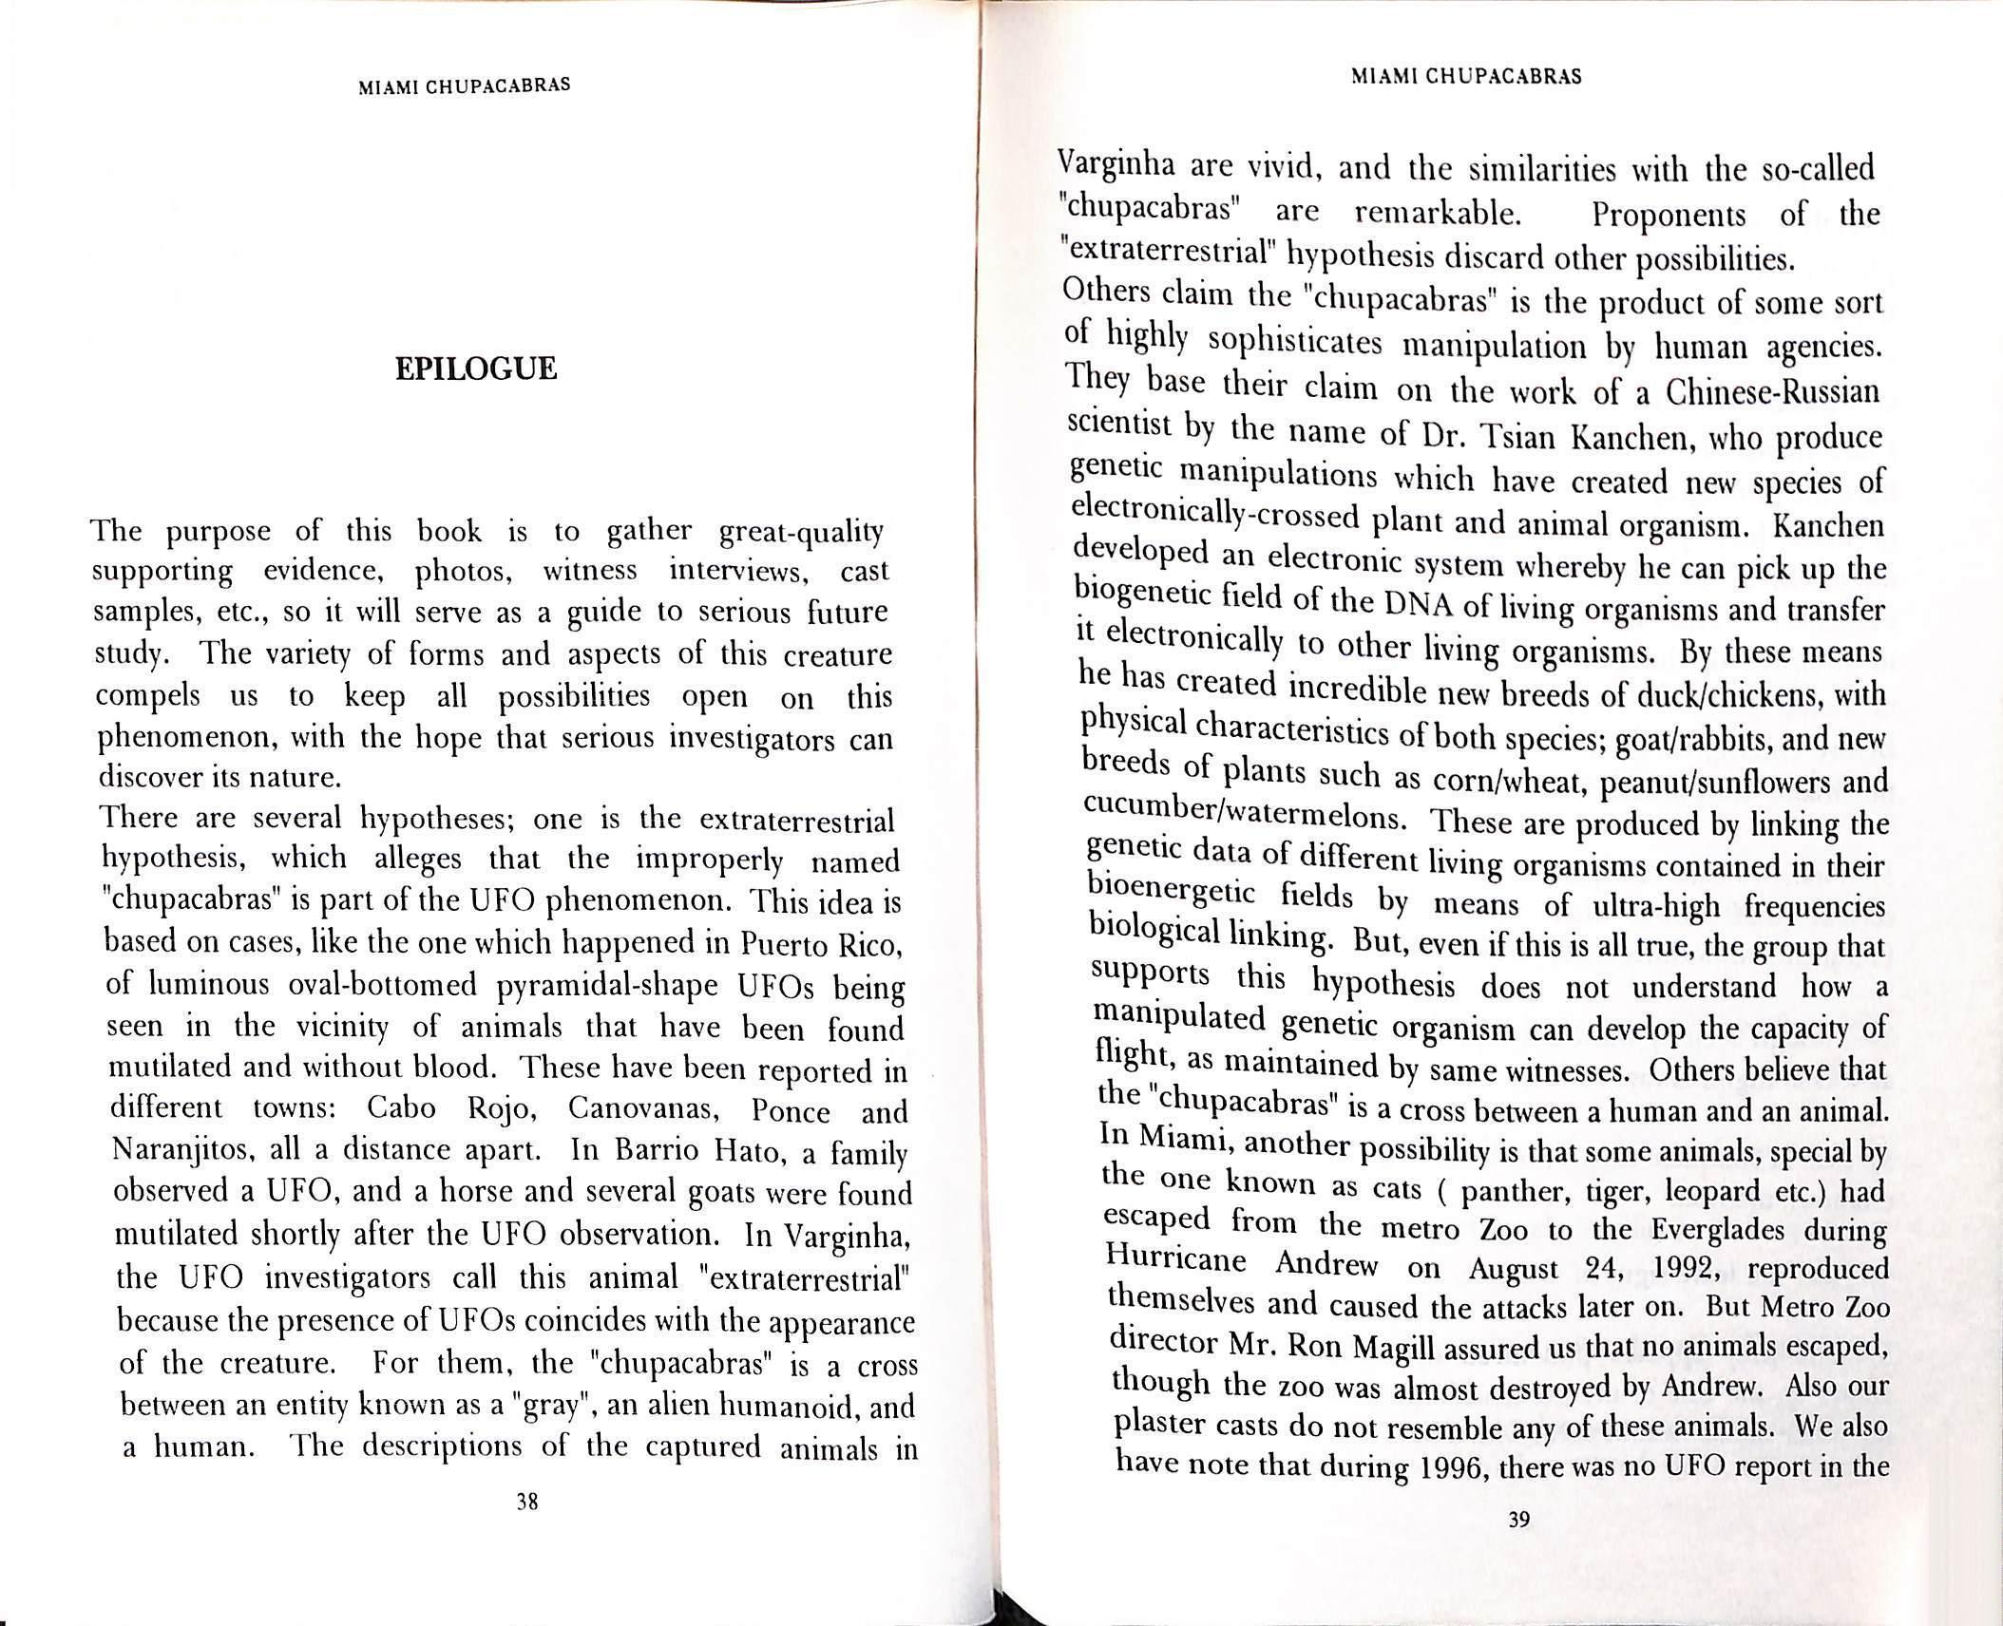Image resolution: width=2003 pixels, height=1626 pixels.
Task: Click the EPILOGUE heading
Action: coord(476,369)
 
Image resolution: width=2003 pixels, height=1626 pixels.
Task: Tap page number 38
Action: coord(527,1528)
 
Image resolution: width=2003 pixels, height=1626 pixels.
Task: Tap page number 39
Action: coord(1518,1546)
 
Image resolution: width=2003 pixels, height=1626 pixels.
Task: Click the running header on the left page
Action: coord(465,85)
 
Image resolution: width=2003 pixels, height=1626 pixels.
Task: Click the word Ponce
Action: coord(791,1110)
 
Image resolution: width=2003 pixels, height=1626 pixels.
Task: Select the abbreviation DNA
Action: coord(1414,605)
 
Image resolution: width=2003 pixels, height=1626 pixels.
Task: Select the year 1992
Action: coord(1679,1267)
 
